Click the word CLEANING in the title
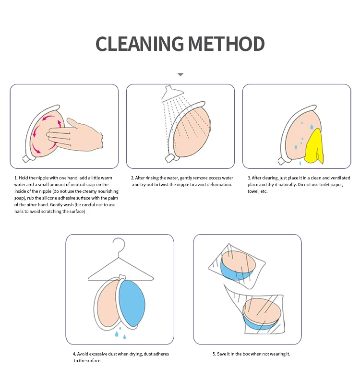(140, 44)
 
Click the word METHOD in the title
(227, 44)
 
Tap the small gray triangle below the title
(180, 74)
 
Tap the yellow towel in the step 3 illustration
(314, 147)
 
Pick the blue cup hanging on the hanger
(132, 303)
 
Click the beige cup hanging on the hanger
(108, 304)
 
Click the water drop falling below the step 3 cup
(300, 163)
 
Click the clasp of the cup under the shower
(169, 158)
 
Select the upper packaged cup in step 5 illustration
(238, 265)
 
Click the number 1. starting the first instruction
(16, 178)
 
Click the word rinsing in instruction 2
(152, 178)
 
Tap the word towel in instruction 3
(253, 191)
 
